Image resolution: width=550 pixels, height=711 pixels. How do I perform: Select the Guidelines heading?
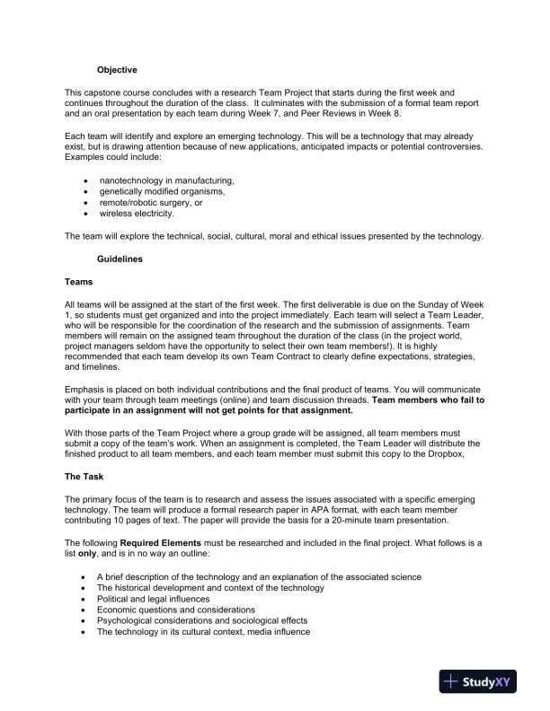[x=120, y=259]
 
